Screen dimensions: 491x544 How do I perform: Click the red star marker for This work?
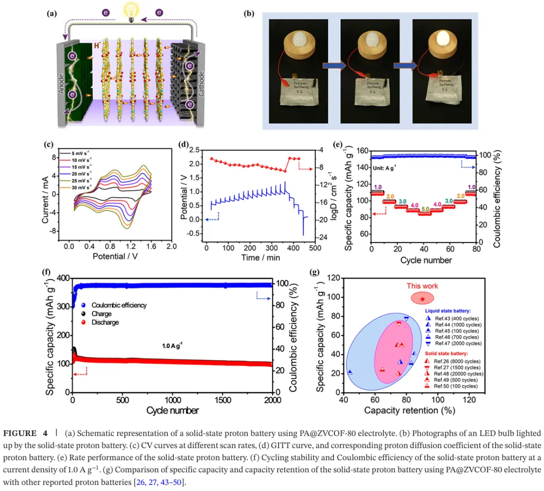[x=423, y=299]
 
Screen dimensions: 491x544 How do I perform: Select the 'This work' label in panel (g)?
[x=422, y=286]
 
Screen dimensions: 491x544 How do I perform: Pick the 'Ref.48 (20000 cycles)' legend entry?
[x=453, y=374]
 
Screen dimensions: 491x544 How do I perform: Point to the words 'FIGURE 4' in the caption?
[x=27, y=434]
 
